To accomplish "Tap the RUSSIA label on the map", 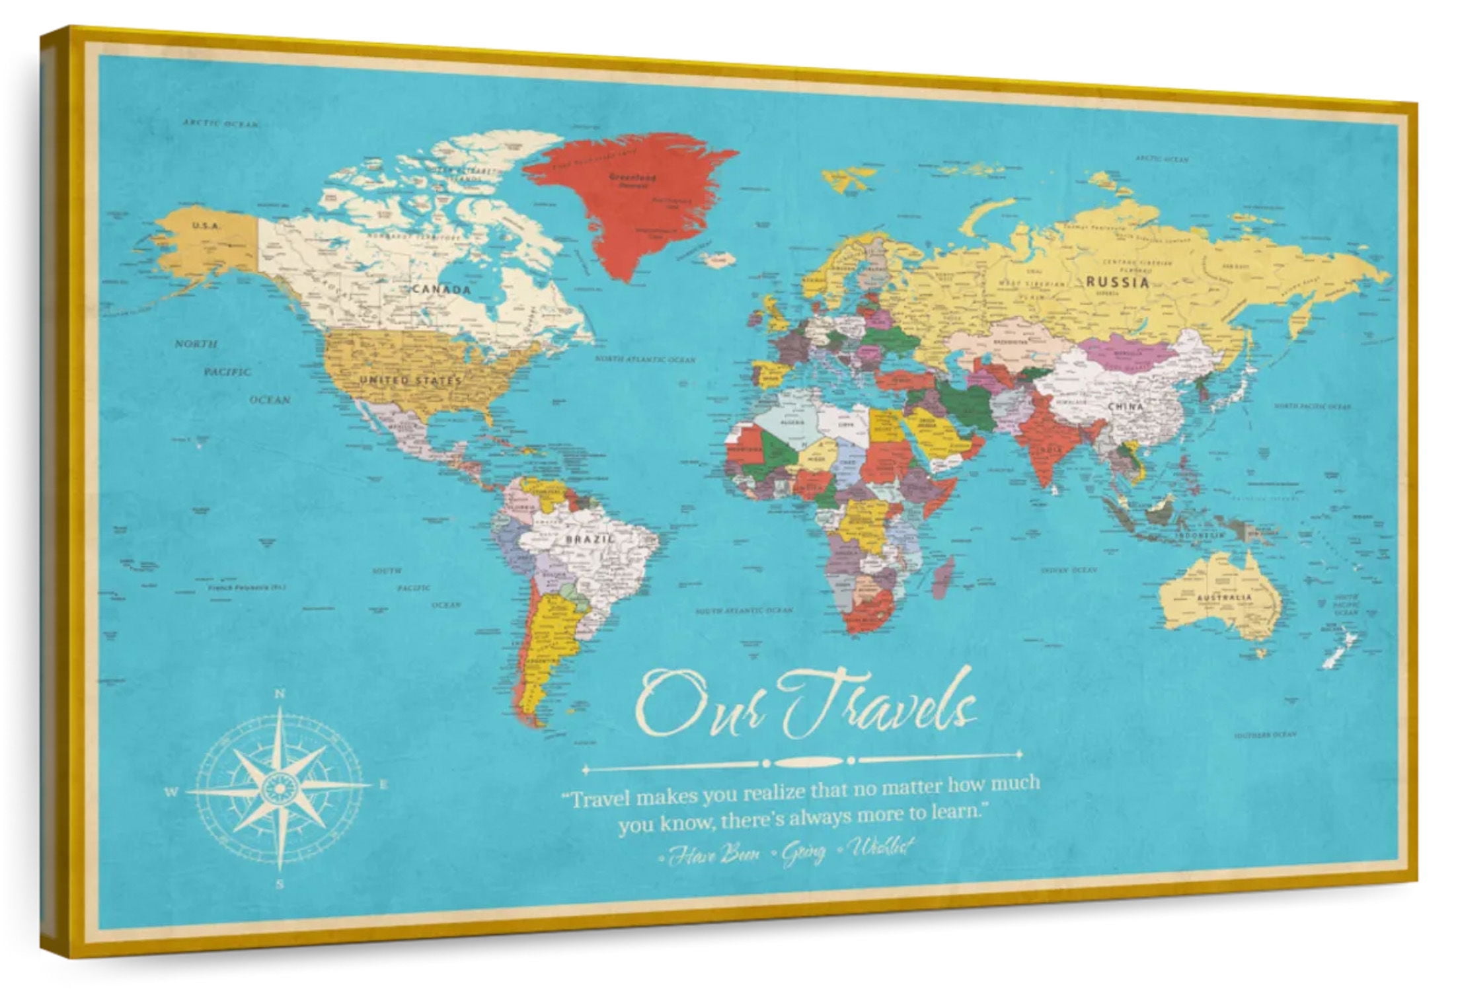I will [1118, 282].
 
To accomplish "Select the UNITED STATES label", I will [410, 381].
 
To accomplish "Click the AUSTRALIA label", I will [1224, 597].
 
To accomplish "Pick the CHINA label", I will [1126, 406].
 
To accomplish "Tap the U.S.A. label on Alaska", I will [206, 226].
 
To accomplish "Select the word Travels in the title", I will [879, 707].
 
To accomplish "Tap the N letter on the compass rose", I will [280, 694].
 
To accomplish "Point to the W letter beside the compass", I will [171, 792].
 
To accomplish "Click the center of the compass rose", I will [280, 788].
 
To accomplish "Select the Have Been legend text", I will [712, 856].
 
